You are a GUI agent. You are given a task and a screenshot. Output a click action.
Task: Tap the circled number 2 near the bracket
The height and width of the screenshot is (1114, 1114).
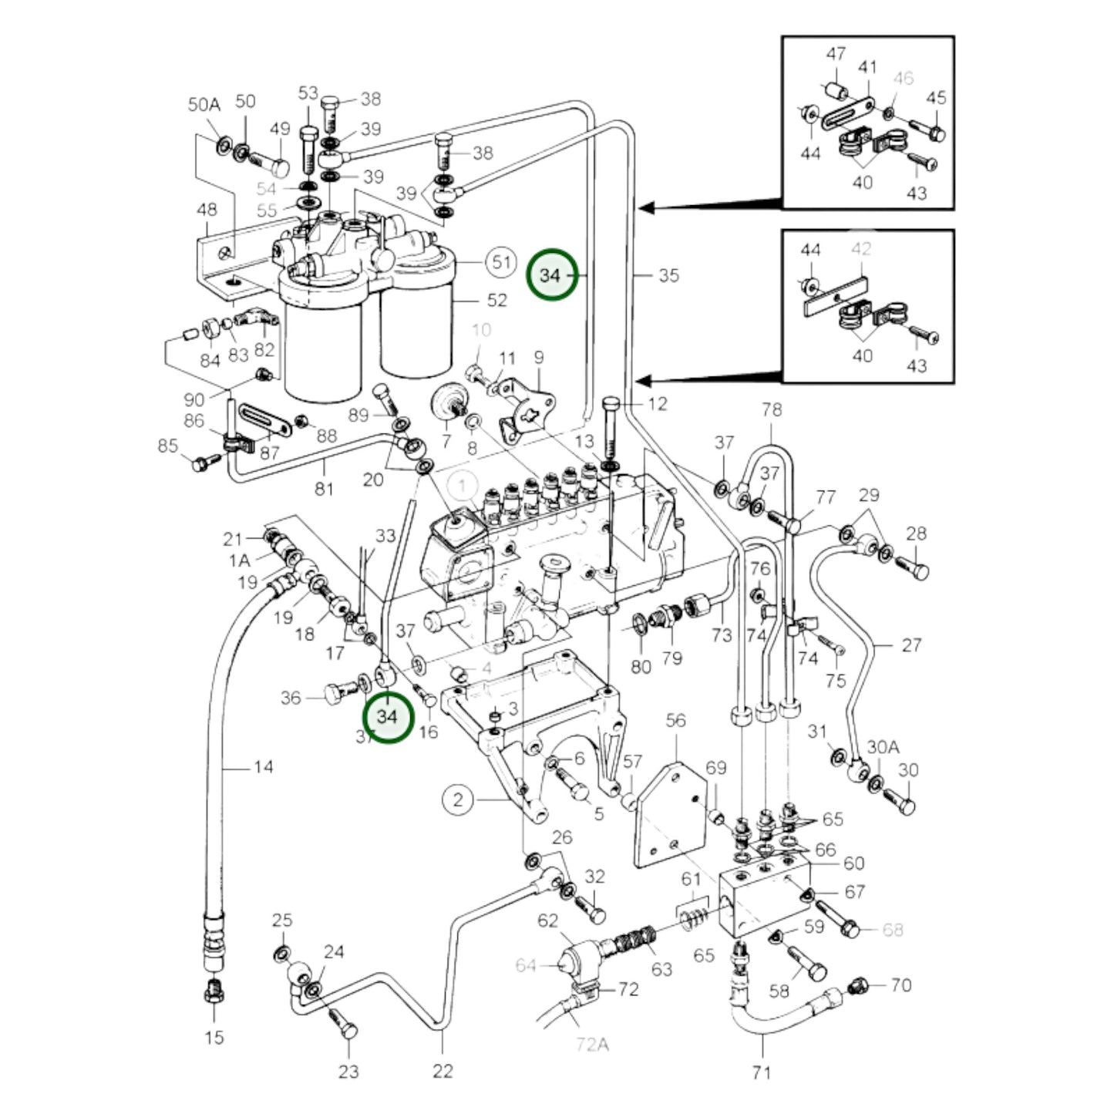(x=458, y=799)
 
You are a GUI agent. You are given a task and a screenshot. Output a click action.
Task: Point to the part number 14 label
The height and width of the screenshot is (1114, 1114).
(x=263, y=766)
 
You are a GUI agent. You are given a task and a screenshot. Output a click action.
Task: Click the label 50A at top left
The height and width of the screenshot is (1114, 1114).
(x=204, y=105)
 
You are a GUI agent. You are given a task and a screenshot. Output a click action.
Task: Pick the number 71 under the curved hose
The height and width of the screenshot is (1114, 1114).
(x=761, y=1072)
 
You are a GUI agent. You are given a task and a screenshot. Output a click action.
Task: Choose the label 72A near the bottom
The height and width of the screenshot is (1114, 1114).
(x=592, y=1045)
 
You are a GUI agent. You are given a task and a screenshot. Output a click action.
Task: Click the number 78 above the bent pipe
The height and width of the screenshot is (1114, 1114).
(x=772, y=409)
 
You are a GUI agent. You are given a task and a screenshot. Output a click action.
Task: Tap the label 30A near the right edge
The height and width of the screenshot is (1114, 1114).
(x=883, y=746)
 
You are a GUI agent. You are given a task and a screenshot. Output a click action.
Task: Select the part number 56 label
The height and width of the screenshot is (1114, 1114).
(x=675, y=720)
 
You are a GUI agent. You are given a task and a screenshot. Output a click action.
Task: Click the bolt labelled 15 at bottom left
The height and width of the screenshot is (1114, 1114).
(x=214, y=994)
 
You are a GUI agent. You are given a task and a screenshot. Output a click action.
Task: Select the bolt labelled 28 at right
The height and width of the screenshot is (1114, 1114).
(x=917, y=570)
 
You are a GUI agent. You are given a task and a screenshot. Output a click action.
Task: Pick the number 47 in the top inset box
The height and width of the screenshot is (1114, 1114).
(x=836, y=54)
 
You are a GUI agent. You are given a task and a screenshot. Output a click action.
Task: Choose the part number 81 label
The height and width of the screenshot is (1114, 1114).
(x=324, y=488)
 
